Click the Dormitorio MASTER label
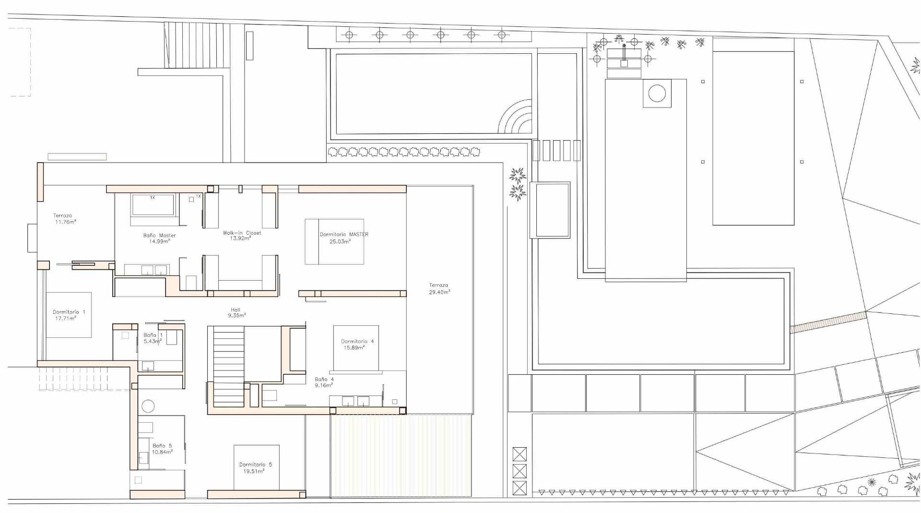pos(344,238)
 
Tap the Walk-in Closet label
pos(242,236)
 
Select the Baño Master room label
pos(159,238)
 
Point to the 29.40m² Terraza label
pos(439,288)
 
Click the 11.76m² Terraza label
pos(64,219)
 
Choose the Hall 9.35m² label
pos(236,313)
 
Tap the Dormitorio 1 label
pos(69,315)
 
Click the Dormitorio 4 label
pos(357,345)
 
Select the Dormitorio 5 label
pos(255,468)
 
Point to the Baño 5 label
pos(162,449)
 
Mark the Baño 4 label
pos(324,382)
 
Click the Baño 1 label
pos(153,338)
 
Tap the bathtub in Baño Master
pos(153,205)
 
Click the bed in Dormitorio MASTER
pos(334,241)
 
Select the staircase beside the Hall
pos(229,366)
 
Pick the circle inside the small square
pos(657,93)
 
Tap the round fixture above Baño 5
pos(148,406)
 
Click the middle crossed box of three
pos(520,471)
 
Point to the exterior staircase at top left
pos(197,46)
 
